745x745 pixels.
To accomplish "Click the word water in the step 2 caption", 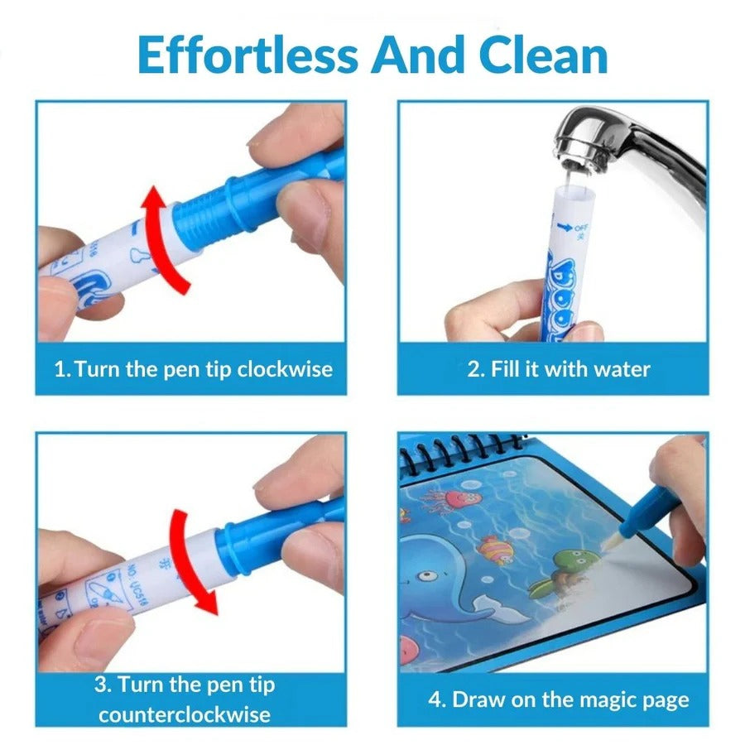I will click(621, 368).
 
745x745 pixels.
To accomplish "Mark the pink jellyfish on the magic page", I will click(454, 498).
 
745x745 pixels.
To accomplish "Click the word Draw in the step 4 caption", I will click(478, 699).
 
